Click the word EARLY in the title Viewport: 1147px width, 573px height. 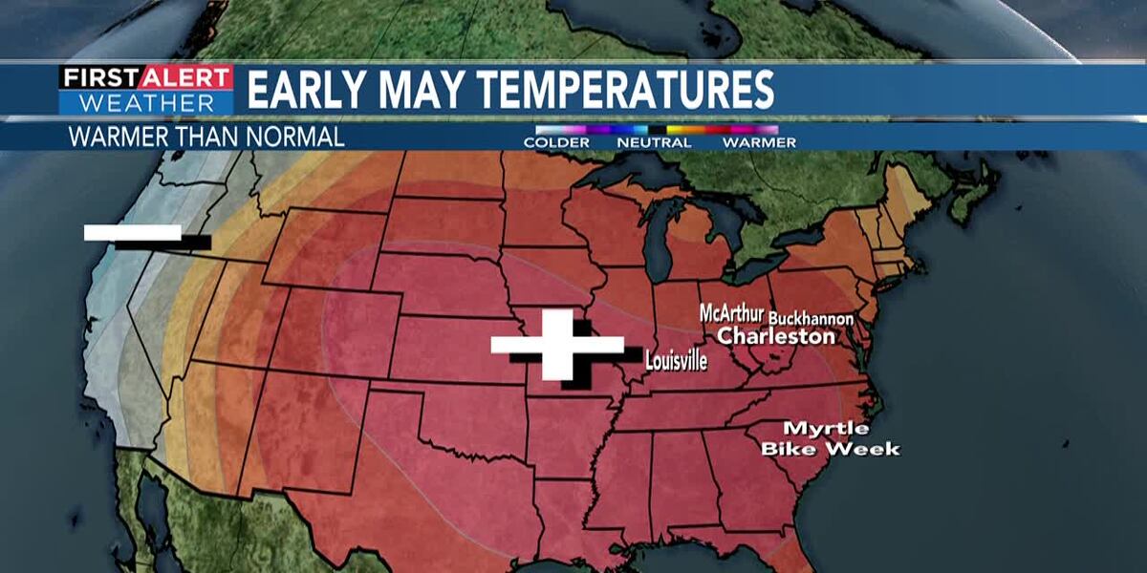[x=305, y=90]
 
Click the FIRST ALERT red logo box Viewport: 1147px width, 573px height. [x=146, y=77]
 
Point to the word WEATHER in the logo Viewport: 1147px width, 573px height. [x=146, y=102]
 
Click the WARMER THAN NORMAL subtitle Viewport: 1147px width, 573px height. [x=206, y=137]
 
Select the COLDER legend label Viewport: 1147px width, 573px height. [x=556, y=142]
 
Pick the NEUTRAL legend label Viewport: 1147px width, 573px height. [x=655, y=142]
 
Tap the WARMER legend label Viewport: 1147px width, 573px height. [x=759, y=142]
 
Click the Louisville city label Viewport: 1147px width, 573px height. [x=676, y=362]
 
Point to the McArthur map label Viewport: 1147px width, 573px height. [x=731, y=314]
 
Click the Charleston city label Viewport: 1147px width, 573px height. [x=776, y=336]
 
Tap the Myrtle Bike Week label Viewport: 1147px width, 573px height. [x=830, y=438]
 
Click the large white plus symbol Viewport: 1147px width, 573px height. [x=556, y=345]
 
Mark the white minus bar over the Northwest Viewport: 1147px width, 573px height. [x=133, y=232]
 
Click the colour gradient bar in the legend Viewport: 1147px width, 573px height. [x=657, y=129]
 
